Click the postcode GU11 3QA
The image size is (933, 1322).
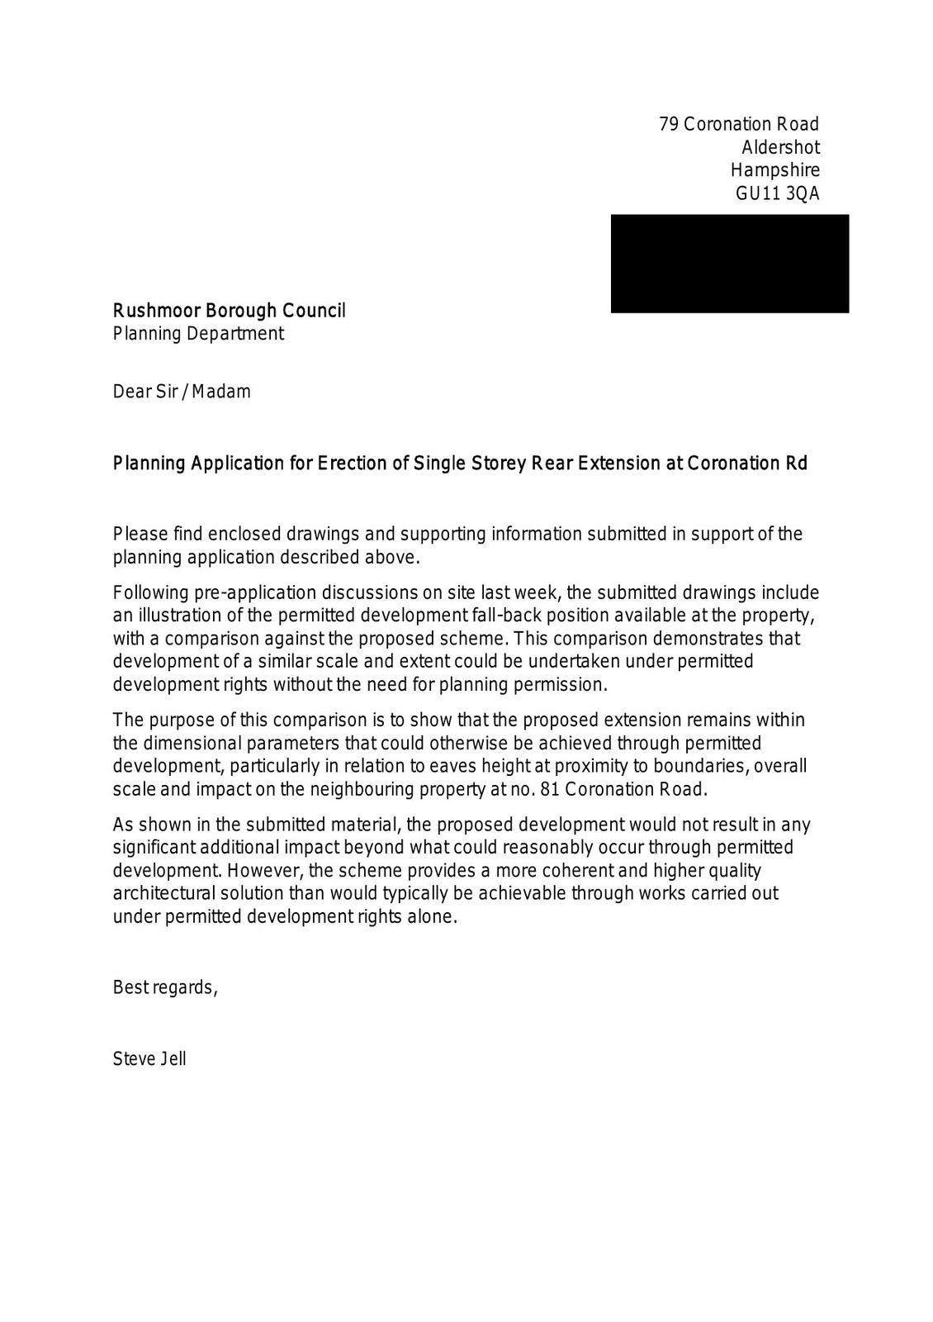777,193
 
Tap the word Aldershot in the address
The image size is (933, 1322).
780,147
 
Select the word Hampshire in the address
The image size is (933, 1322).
774,170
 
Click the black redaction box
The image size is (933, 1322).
729,263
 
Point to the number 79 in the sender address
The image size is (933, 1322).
668,124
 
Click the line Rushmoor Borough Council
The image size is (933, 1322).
229,311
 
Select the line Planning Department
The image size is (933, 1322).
198,334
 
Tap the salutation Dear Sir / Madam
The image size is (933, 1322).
182,392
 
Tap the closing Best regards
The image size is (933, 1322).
165,987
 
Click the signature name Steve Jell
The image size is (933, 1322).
149,1058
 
